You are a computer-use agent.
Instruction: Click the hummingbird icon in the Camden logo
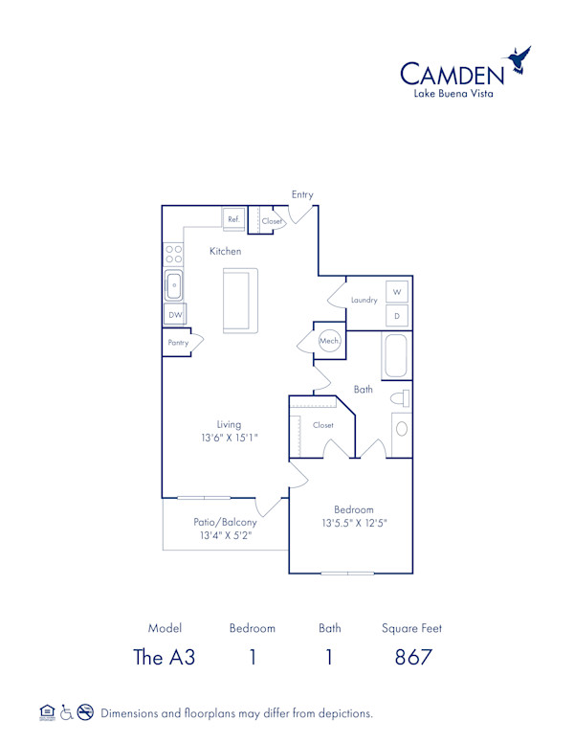(520, 58)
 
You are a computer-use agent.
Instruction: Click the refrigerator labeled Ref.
(233, 219)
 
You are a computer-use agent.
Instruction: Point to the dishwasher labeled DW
(175, 314)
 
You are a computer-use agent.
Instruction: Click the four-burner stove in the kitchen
(174, 254)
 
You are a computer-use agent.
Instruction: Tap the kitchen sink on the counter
(174, 284)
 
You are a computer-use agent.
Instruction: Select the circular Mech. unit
(329, 341)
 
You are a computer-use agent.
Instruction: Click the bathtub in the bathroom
(397, 356)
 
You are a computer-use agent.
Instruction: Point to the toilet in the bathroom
(401, 398)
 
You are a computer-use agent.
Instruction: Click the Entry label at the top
(302, 194)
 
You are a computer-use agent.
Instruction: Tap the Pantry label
(178, 342)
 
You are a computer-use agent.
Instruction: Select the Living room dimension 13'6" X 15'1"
(229, 437)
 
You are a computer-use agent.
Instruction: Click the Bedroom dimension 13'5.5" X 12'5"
(353, 523)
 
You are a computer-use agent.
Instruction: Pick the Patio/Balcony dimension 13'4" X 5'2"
(226, 536)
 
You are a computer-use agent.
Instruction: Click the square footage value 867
(411, 658)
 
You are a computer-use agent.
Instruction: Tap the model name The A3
(165, 658)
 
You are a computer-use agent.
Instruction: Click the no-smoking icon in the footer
(85, 711)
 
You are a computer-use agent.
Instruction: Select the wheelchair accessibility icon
(66, 711)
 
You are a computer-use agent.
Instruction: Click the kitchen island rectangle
(236, 301)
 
